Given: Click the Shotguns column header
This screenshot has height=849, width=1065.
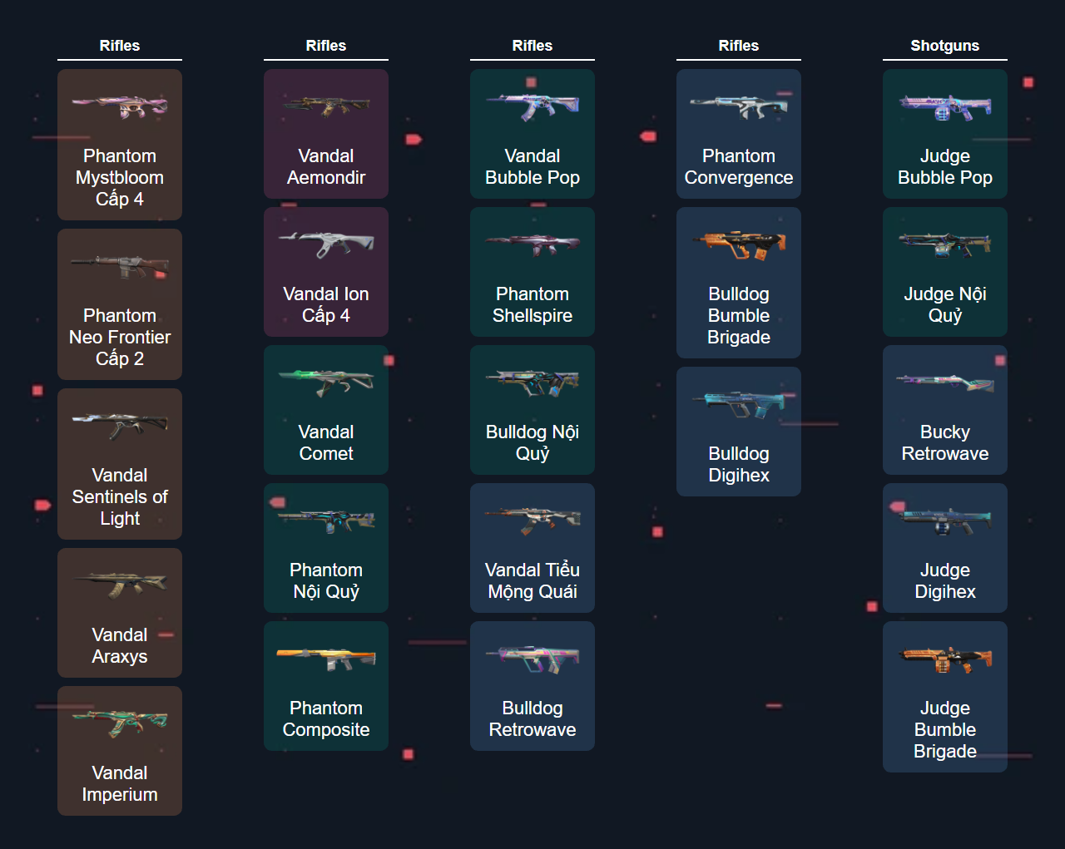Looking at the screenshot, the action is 944,46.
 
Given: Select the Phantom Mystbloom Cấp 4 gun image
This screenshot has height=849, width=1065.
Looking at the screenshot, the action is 120,106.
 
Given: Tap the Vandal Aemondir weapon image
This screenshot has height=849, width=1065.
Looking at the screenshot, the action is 326,106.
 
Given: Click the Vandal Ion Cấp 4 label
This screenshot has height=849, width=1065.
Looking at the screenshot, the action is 326,305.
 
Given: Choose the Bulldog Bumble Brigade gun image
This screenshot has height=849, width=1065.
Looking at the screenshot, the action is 739,244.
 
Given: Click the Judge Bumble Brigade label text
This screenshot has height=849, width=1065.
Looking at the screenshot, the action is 944,729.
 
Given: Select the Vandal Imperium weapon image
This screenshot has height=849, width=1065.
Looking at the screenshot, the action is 120,723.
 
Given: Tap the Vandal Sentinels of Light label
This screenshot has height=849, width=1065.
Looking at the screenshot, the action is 120,496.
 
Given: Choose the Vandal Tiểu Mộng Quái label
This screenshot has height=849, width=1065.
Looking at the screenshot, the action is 532,581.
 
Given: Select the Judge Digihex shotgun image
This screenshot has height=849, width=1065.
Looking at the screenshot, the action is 944,521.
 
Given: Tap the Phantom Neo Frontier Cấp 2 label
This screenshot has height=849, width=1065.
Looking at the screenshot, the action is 120,337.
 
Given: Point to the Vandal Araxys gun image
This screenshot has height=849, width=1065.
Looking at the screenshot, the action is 120,585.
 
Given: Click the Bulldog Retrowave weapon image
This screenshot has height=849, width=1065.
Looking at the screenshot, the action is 532,659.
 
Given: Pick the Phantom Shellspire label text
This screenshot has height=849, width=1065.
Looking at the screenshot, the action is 532,305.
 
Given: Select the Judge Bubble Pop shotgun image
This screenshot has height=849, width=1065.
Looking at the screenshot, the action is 944,107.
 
